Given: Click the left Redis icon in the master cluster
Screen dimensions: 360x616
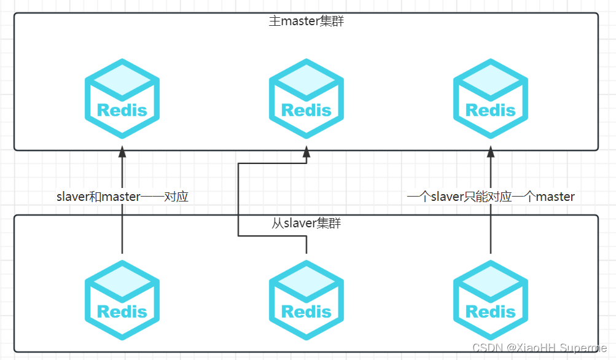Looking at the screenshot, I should (122, 98).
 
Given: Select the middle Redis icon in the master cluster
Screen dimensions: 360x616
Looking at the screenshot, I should (306, 98).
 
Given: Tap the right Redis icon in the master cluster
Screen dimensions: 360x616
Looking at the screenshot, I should (491, 98).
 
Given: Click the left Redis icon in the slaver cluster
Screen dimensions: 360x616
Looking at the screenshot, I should (122, 300).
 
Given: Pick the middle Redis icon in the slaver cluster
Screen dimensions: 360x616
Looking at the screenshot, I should (306, 300).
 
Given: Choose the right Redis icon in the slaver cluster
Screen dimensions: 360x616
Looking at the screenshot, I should (491, 300).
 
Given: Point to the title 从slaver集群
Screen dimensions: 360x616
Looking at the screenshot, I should (306, 223).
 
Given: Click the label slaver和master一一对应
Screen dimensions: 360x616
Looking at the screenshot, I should (122, 197).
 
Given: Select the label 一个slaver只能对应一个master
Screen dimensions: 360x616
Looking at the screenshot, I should (491, 197).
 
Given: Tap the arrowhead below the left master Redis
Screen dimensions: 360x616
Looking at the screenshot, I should (122, 152).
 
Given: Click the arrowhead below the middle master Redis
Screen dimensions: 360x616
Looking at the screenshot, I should (306, 152).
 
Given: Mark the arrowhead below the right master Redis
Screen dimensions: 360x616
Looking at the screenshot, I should (491, 152).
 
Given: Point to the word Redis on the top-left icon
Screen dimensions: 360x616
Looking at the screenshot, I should (122, 111).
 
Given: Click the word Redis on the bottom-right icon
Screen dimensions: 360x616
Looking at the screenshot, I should (491, 311).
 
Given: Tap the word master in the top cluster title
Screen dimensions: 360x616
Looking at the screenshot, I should (300, 21).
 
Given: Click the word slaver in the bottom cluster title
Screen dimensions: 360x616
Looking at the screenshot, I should (300, 223).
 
